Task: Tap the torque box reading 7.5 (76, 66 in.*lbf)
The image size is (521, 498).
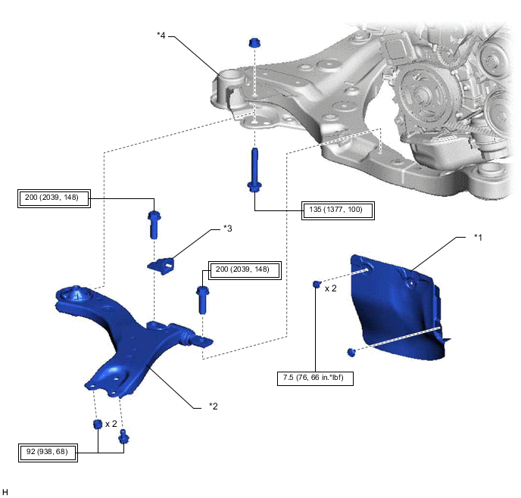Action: (315, 378)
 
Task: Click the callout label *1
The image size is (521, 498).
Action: (478, 237)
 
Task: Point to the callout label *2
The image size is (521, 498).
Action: (214, 406)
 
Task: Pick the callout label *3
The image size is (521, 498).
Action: (228, 229)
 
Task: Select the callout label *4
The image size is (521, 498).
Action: (161, 35)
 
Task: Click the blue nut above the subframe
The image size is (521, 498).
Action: (254, 43)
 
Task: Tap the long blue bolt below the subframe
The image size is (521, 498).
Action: (254, 170)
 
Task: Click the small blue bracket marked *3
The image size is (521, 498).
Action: (161, 266)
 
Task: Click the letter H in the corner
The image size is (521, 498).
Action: (5, 492)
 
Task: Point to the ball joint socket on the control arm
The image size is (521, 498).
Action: (76, 294)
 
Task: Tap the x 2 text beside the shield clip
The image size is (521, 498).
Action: (331, 288)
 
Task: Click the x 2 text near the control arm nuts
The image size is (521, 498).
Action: (111, 424)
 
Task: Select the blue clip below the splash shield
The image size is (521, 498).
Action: (351, 352)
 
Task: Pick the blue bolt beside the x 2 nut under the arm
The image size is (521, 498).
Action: (123, 436)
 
